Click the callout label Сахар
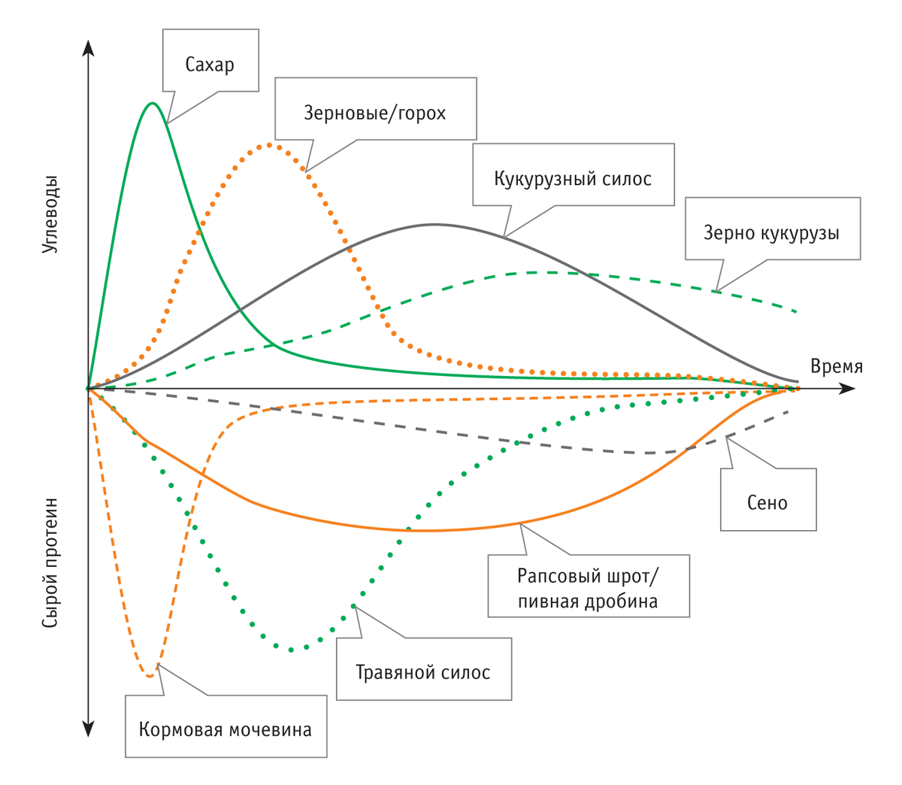(x=210, y=65)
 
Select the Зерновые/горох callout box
(x=375, y=113)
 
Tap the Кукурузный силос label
(x=573, y=179)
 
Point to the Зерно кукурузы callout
(x=772, y=232)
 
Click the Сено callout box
(x=767, y=502)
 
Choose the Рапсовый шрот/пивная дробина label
(x=588, y=589)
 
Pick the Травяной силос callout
(x=423, y=671)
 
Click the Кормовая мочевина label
(x=225, y=729)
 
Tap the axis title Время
(x=837, y=366)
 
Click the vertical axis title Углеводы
(x=50, y=214)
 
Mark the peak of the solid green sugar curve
(x=153, y=103)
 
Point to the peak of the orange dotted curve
(x=269, y=144)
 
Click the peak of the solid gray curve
(x=434, y=224)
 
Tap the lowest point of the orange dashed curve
(x=150, y=676)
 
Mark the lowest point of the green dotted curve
(x=292, y=648)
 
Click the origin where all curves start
(x=89, y=389)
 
